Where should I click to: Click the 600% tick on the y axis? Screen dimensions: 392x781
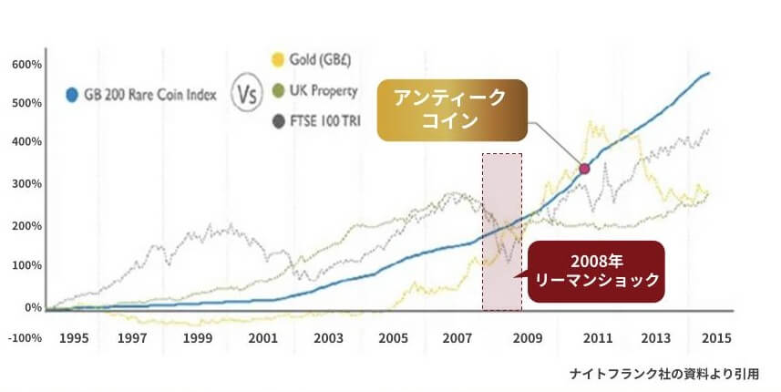[26, 65]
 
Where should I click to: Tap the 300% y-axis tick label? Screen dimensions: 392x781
[26, 184]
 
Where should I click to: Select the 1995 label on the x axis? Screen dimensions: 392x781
[73, 338]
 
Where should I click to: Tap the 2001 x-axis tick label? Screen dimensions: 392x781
[263, 338]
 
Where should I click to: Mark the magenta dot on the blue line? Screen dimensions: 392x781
[585, 168]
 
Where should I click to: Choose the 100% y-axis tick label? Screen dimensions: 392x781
[26, 265]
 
